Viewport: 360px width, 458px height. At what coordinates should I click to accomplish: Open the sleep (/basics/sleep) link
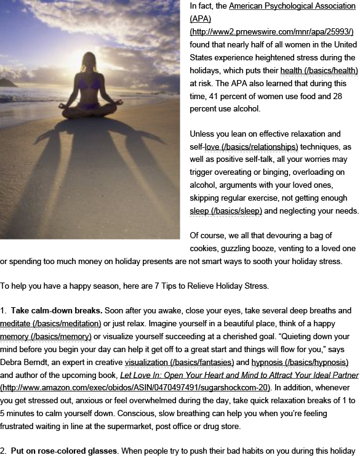click(226, 211)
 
